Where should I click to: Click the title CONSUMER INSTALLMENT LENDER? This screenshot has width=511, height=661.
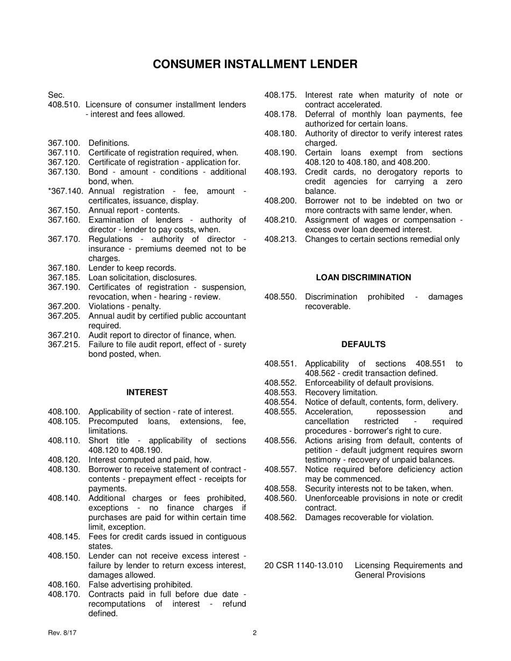click(x=255, y=64)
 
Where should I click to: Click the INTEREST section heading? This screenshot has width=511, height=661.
click(x=147, y=392)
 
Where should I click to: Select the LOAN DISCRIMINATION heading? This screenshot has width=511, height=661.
click(x=363, y=277)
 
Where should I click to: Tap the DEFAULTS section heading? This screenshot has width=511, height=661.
click(x=363, y=344)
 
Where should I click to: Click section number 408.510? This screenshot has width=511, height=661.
click(x=64, y=105)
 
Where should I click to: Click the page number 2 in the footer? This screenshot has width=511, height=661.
click(x=254, y=633)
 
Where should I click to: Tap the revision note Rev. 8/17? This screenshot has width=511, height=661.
click(x=62, y=633)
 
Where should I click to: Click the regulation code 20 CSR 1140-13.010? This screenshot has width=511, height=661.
click(x=303, y=565)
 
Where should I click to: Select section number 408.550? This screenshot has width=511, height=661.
click(x=280, y=297)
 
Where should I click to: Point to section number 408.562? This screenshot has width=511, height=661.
click(x=280, y=518)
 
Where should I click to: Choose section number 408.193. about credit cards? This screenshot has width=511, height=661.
click(x=280, y=172)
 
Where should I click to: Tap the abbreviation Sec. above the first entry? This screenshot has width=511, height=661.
click(x=56, y=95)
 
